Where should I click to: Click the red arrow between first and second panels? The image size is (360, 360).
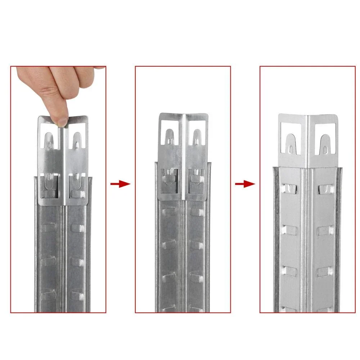(120, 184)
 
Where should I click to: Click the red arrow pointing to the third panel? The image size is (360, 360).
(245, 184)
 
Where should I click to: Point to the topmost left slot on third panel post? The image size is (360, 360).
(290, 188)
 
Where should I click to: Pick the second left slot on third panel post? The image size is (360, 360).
(290, 230)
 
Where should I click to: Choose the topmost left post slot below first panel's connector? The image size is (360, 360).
(48, 228)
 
